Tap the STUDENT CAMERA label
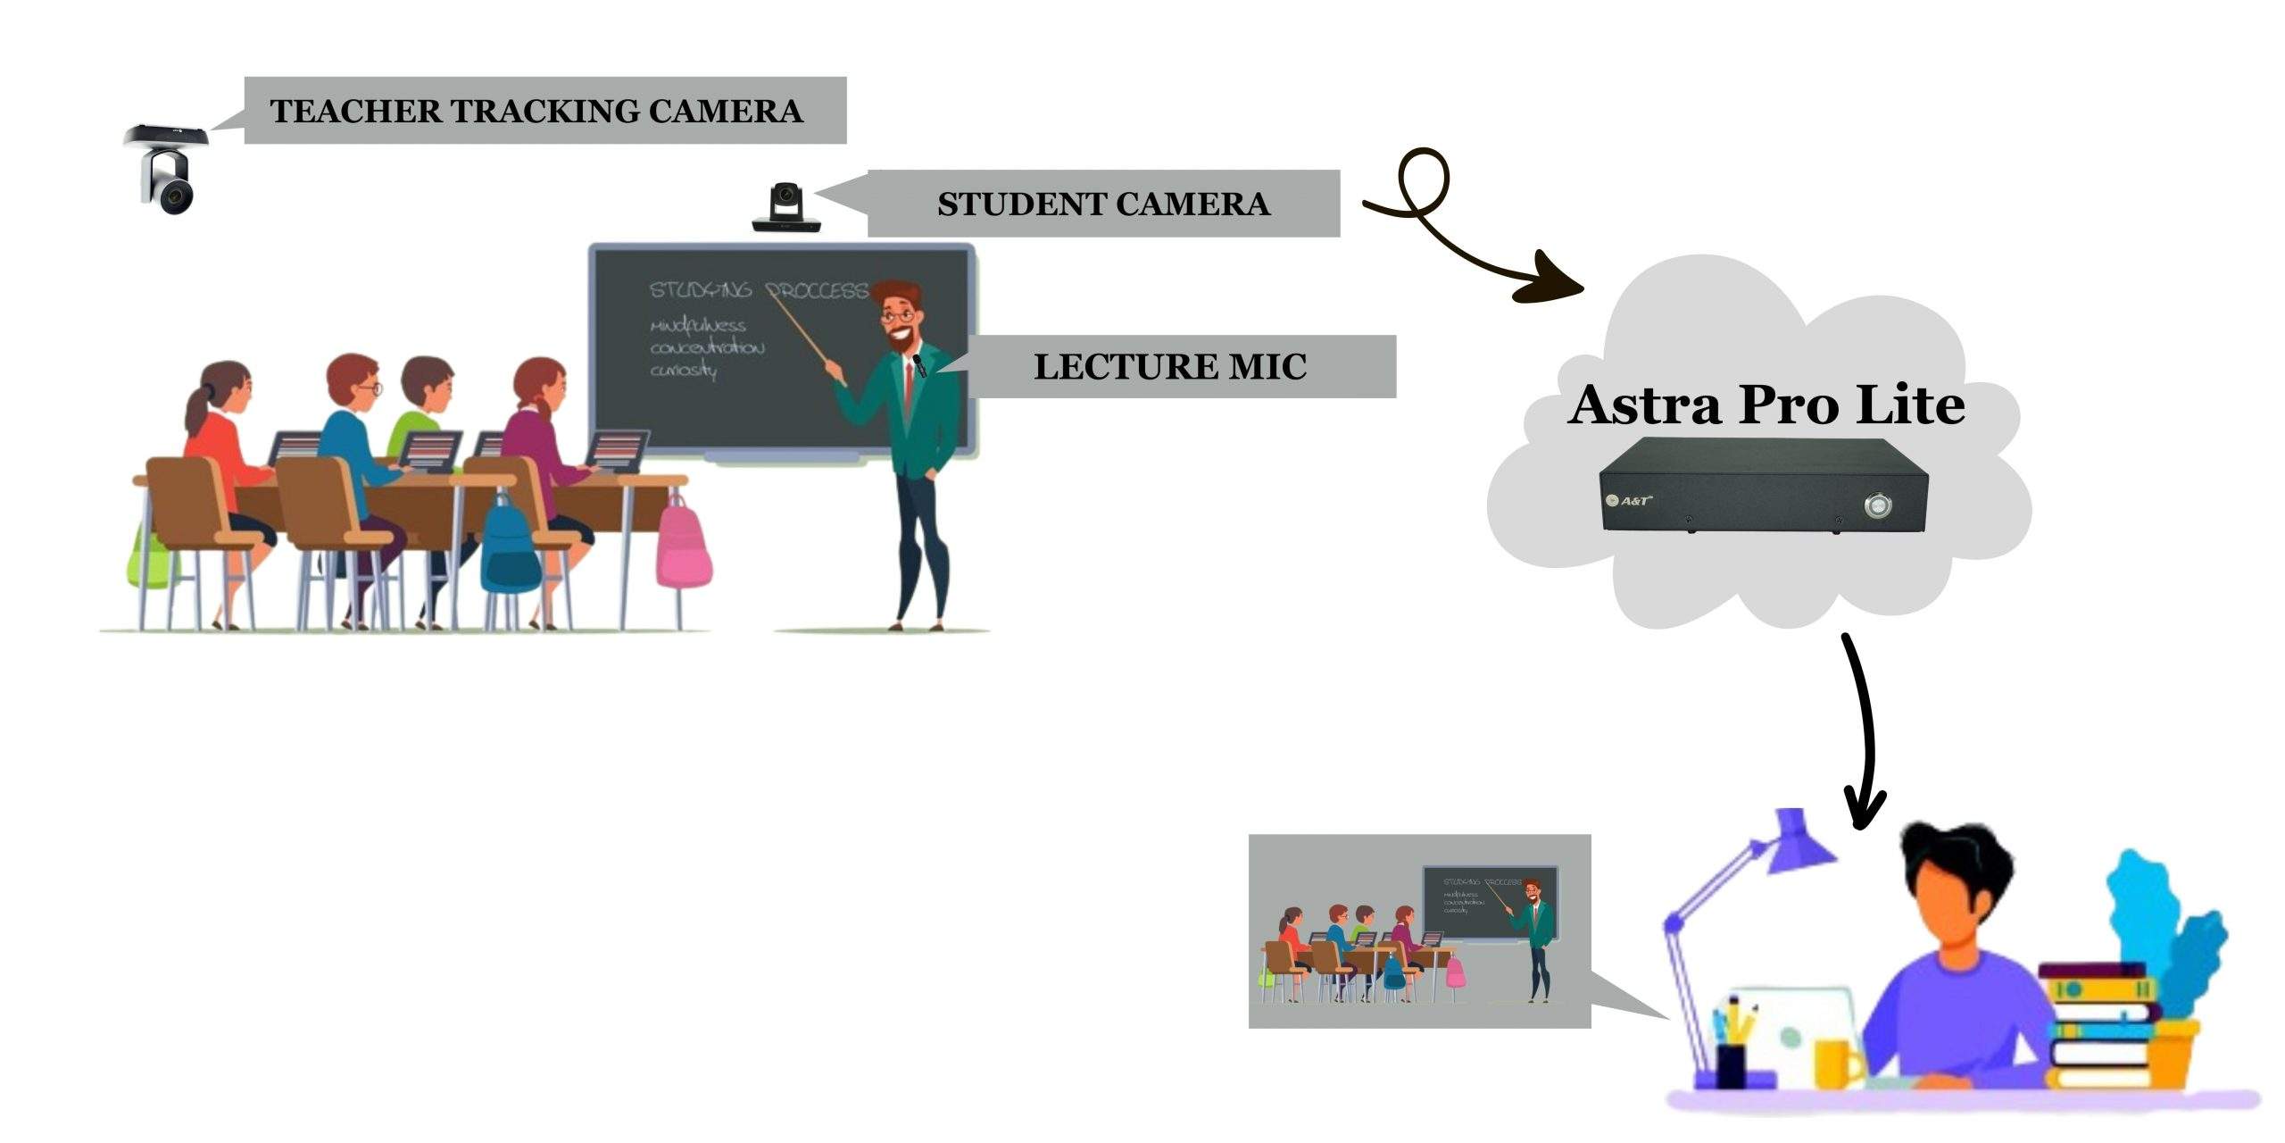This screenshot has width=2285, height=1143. (1103, 204)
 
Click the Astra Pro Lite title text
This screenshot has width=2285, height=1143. (1766, 405)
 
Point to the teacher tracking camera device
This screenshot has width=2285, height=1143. (168, 170)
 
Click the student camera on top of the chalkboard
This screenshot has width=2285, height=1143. (785, 208)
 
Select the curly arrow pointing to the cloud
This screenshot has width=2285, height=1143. (1464, 232)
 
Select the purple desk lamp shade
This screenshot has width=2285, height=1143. (1799, 840)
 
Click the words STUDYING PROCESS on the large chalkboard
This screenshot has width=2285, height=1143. (759, 291)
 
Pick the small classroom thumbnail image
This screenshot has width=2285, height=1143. (1419, 931)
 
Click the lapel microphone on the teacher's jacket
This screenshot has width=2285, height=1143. (918, 365)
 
